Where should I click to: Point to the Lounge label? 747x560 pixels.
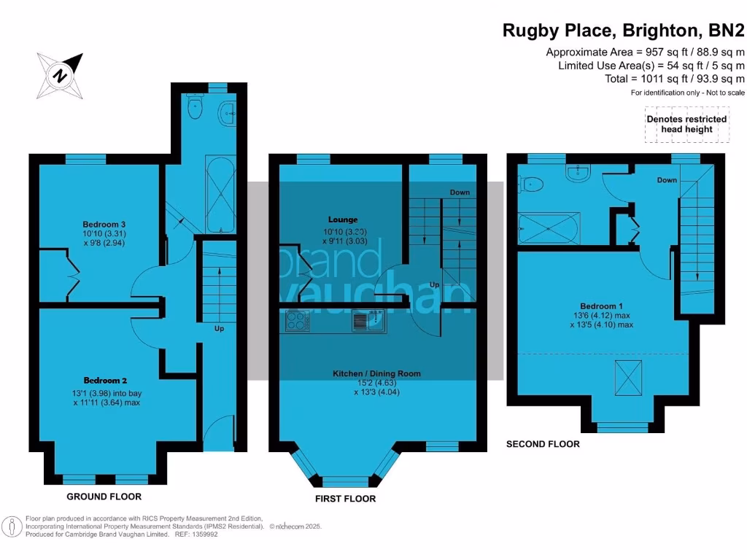(343, 219)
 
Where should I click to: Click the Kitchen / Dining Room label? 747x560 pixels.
(376, 373)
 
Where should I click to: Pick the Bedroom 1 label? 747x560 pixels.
(602, 306)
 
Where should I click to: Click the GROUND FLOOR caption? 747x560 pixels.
(104, 497)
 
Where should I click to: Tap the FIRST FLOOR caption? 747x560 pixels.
(346, 499)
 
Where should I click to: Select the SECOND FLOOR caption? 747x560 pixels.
(543, 443)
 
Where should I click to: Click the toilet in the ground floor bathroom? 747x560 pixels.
(195, 107)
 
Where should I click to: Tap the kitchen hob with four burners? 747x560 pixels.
(297, 321)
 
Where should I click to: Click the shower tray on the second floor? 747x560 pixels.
(549, 228)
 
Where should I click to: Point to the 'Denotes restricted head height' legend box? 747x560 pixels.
(686, 124)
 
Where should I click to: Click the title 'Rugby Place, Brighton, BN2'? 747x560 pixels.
(624, 31)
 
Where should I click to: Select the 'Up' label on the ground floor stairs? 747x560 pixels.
(219, 328)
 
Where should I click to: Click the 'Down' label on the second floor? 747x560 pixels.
(666, 180)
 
